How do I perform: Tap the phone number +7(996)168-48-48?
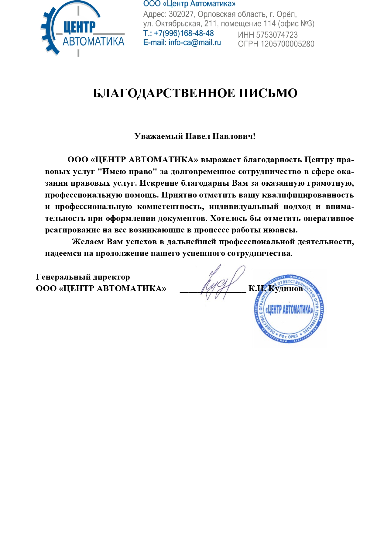pos(184,33)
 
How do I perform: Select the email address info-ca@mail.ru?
pos(194,43)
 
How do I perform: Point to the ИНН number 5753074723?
pos(277,35)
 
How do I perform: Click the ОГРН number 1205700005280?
pos(287,44)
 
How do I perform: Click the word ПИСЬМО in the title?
pos(268,93)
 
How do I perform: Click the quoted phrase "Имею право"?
pos(127,172)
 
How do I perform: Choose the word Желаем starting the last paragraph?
pos(88,242)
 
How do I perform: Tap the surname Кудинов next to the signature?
pos(286,289)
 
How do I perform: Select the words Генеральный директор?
pos(83,277)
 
